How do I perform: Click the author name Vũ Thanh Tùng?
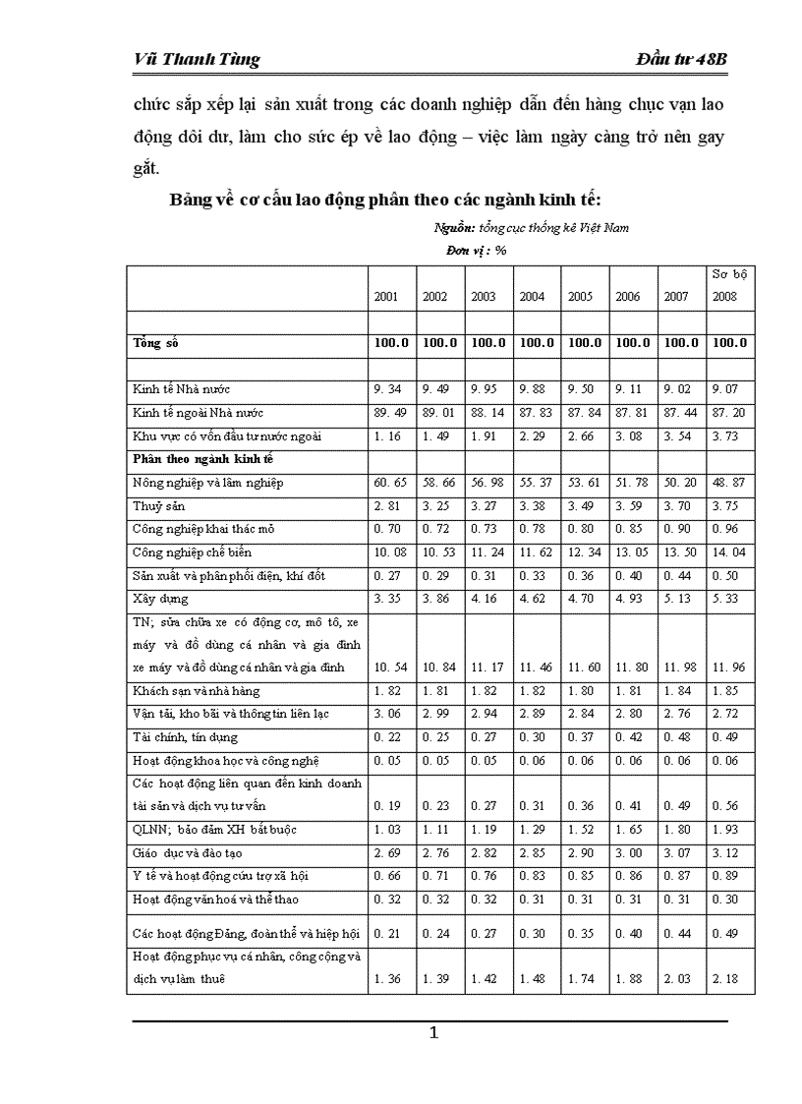[197, 59]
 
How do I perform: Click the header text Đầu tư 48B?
[681, 59]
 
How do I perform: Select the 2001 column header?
[385, 297]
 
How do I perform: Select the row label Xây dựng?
[160, 598]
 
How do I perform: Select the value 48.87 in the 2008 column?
[728, 483]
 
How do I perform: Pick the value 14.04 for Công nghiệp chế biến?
[728, 552]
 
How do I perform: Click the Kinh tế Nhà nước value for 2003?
[484, 389]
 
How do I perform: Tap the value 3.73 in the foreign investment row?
[727, 436]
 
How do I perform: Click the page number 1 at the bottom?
[432, 1033]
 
